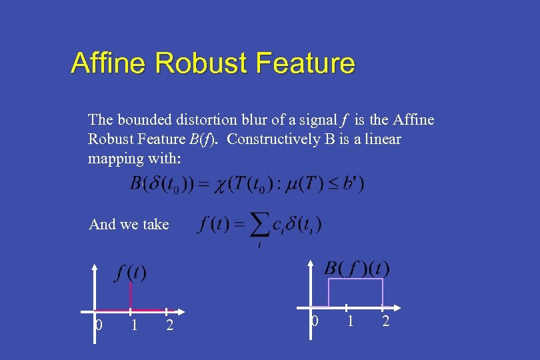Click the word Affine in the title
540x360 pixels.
tap(108, 63)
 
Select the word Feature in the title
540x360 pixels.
tap(305, 63)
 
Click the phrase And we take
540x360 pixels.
tap(129, 225)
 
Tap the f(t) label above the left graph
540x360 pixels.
tap(131, 272)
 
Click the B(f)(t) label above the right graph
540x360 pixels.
tap(357, 268)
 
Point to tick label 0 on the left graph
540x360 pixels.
tap(99, 325)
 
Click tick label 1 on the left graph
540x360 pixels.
tap(134, 325)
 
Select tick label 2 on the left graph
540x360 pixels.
tap(169, 325)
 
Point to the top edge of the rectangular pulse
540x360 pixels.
tap(355, 279)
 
